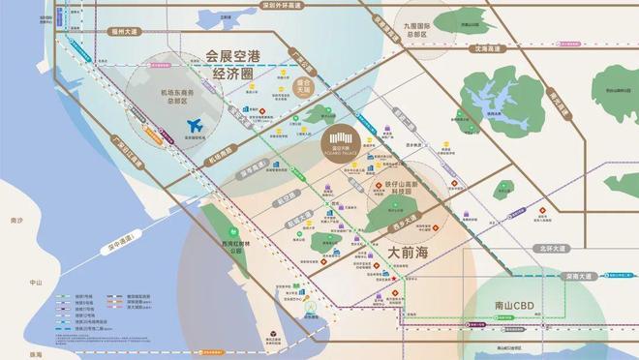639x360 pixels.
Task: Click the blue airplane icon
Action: [x=198, y=126]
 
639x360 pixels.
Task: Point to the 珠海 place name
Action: [x=11, y=354]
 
